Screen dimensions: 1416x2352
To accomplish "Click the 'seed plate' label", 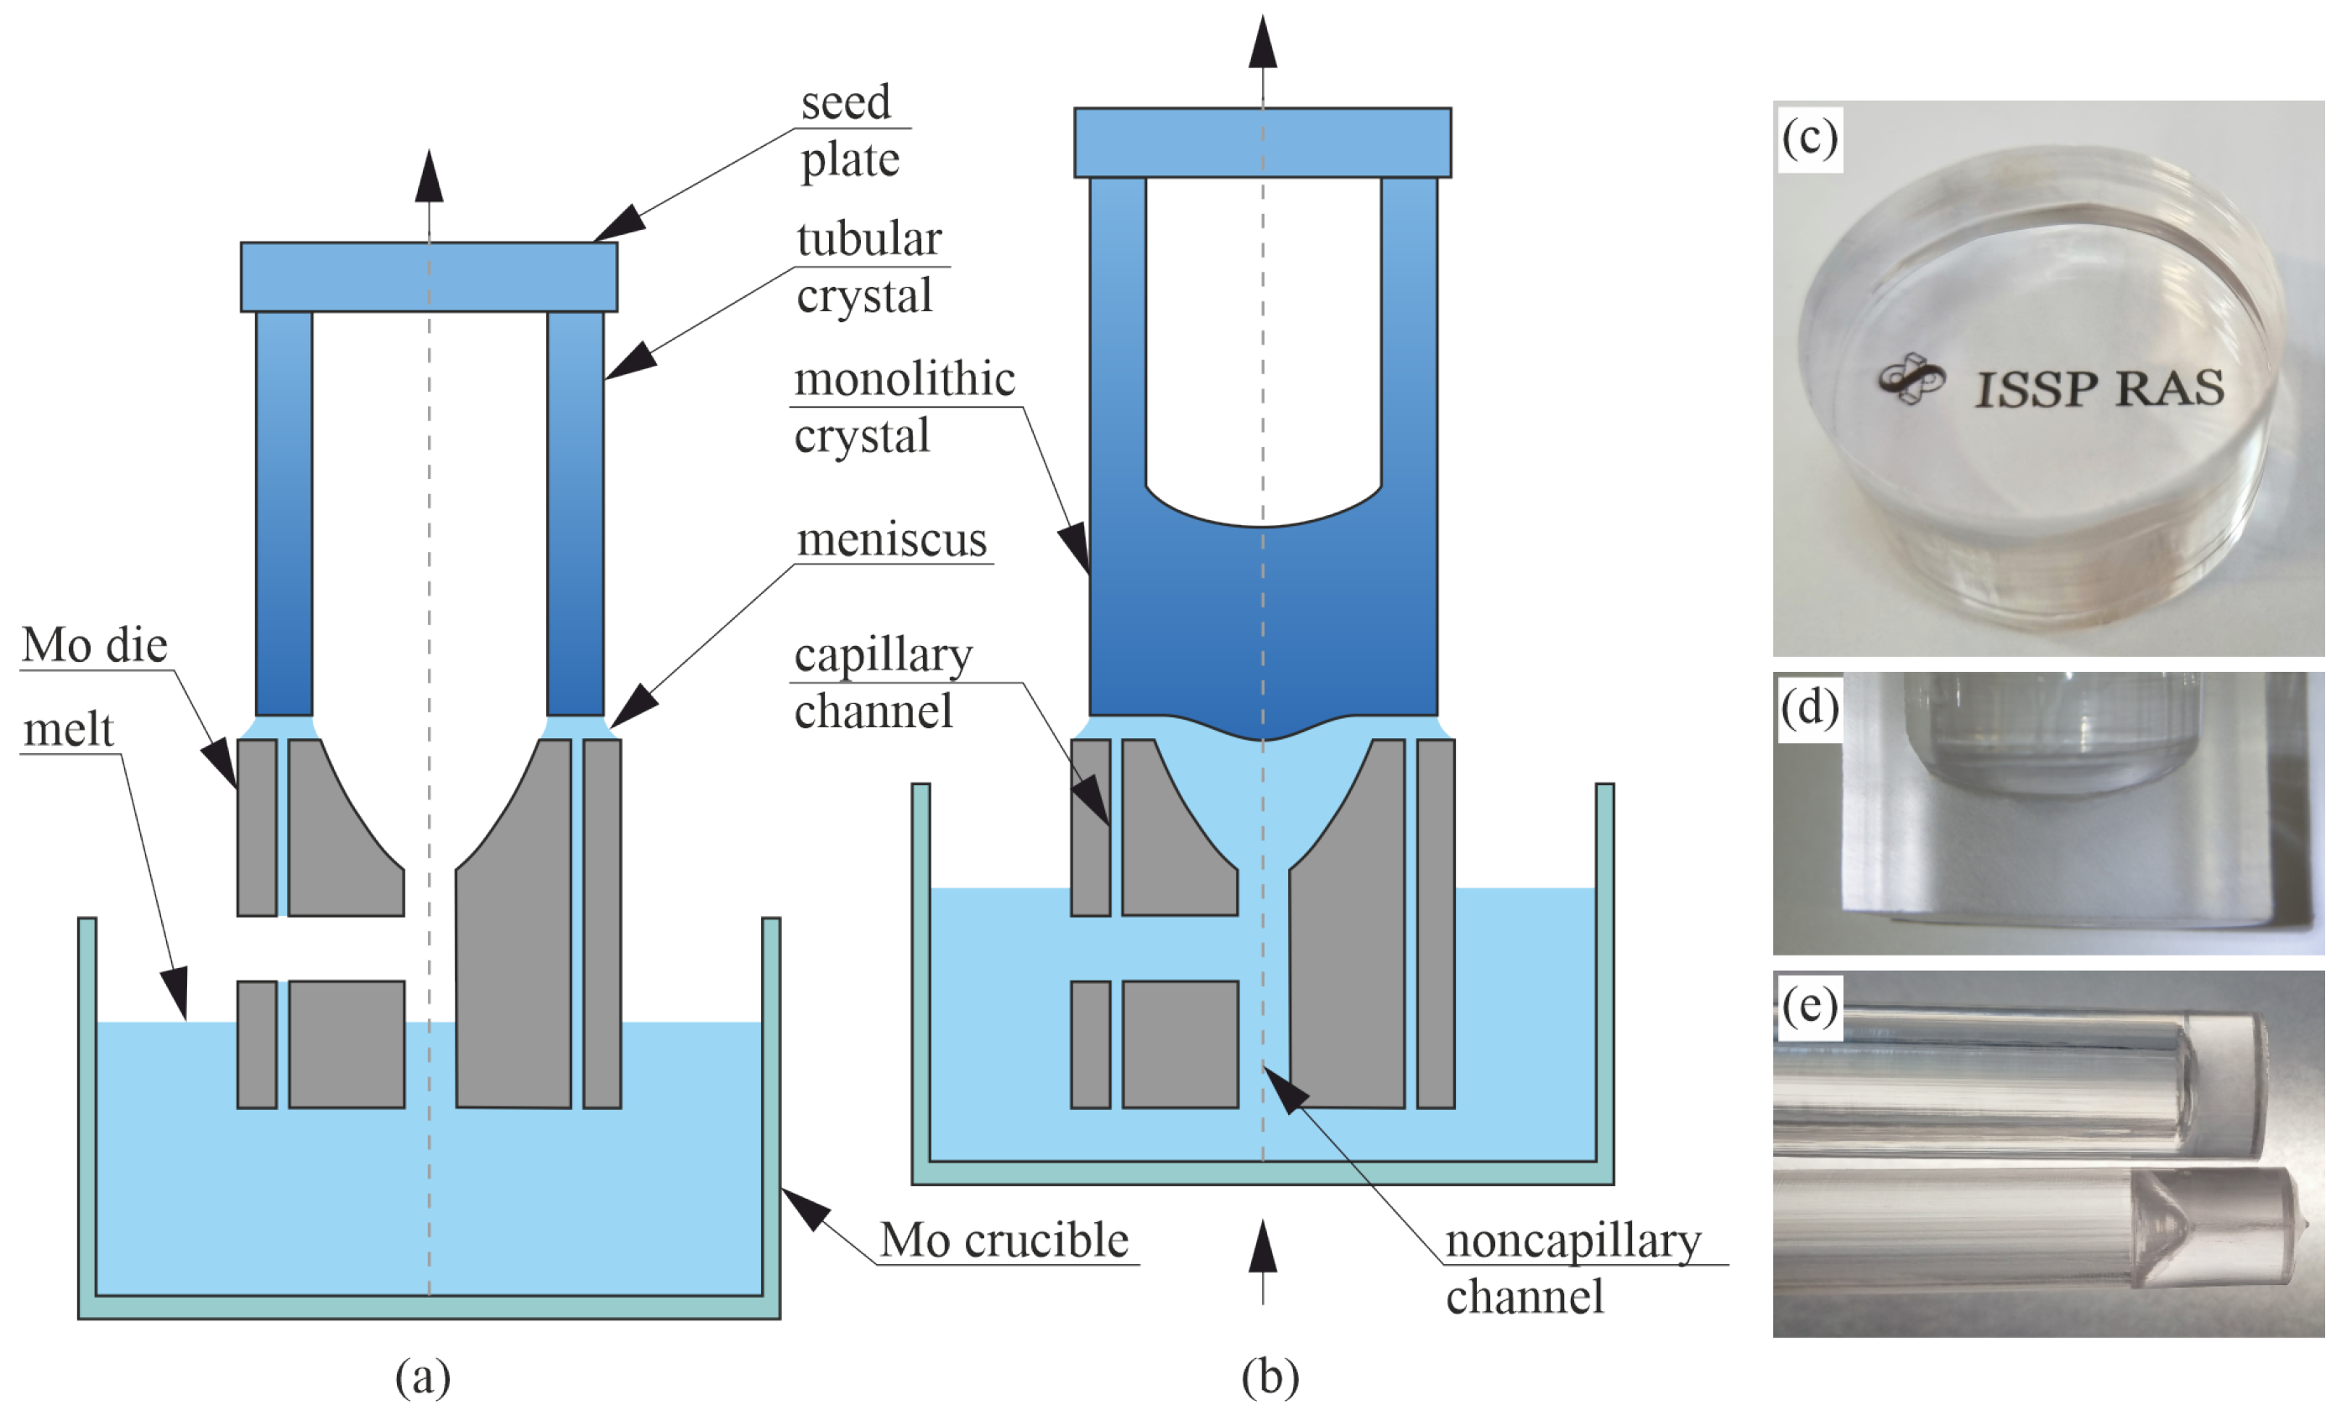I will pyautogui.click(x=848, y=131).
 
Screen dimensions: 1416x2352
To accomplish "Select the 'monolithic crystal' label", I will pyautogui.click(x=903, y=408).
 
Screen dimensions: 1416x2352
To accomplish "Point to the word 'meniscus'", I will pyautogui.click(x=891, y=540).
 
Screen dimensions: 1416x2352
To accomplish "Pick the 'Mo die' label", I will pyautogui.click(x=95, y=645).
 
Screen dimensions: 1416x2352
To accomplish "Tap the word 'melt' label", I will pyautogui.click(x=68, y=730).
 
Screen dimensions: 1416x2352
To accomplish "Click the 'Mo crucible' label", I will pyautogui.click(x=1004, y=1240).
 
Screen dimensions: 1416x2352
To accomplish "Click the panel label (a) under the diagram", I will pyautogui.click(x=423, y=1376).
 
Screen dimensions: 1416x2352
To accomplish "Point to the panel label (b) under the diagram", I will pyautogui.click(x=1269, y=1376).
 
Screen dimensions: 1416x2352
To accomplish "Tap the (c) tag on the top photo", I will pyautogui.click(x=1809, y=138).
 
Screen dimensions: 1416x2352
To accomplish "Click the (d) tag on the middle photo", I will pyautogui.click(x=1809, y=707).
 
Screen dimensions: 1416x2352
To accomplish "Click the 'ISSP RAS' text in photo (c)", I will pyautogui.click(x=2099, y=388).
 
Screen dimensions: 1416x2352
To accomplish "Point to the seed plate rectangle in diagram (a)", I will pyautogui.click(x=429, y=277).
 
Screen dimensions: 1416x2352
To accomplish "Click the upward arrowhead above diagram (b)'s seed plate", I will pyautogui.click(x=1262, y=43).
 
